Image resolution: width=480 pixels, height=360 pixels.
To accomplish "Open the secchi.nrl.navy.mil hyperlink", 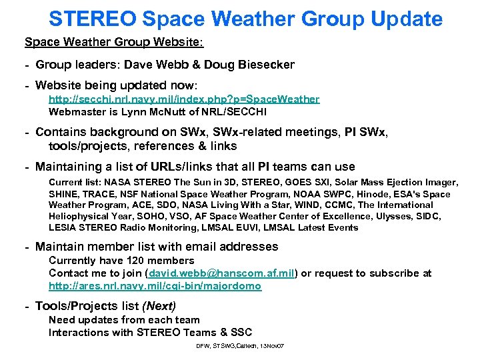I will tap(183, 99).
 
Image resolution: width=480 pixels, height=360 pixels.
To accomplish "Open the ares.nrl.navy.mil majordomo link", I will tap(155, 285).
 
